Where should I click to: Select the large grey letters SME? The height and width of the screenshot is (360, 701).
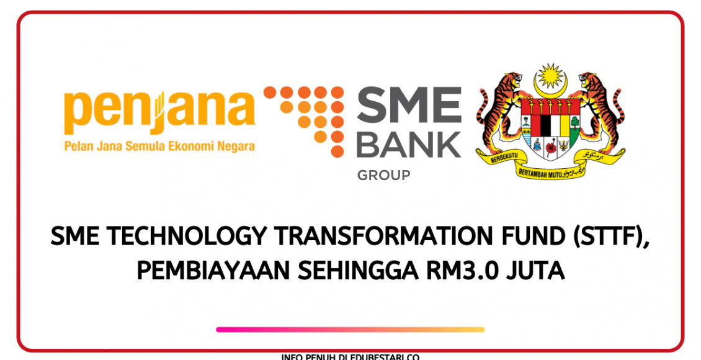click(408, 107)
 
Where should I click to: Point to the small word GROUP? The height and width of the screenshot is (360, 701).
click(383, 176)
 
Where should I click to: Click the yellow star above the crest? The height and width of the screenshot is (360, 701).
click(550, 76)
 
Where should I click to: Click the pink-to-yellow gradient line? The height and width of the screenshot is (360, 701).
click(351, 330)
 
